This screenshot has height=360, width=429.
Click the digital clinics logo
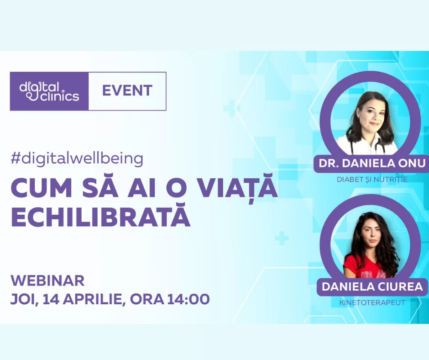(49, 91)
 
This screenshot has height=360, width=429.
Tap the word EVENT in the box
(127, 90)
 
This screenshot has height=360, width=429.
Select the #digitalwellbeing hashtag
(77, 159)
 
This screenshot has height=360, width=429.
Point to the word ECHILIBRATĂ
(100, 218)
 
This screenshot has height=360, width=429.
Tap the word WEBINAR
(47, 280)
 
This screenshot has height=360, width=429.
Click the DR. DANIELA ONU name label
(371, 164)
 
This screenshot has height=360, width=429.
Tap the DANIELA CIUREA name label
(372, 287)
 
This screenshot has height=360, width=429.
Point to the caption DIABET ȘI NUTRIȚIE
(372, 180)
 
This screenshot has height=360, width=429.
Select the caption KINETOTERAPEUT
(372, 302)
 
